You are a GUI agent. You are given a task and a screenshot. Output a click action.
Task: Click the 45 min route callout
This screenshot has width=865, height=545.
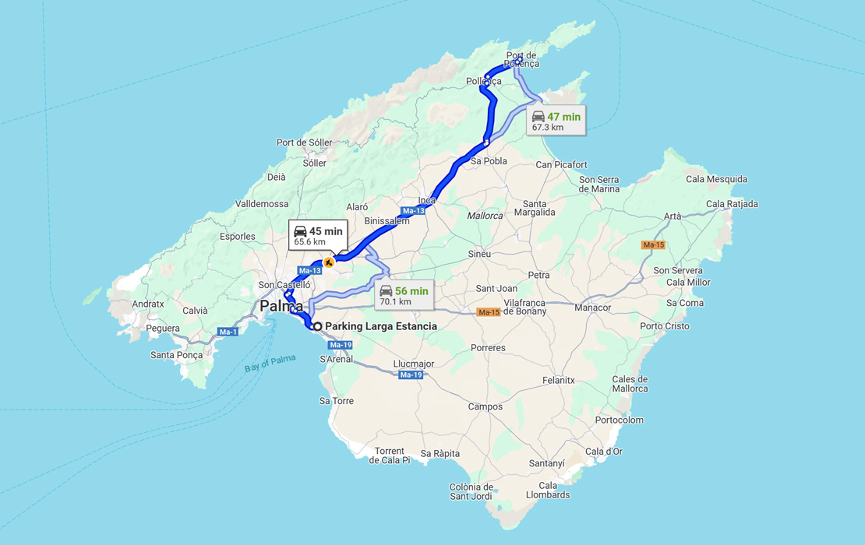pyautogui.click(x=318, y=235)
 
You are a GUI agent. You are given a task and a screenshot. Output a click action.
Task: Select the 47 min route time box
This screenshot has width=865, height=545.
pyautogui.click(x=556, y=121)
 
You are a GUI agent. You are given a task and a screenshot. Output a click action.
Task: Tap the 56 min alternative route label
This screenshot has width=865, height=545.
pyautogui.click(x=403, y=295)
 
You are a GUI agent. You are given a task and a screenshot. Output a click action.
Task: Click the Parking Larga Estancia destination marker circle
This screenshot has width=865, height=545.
pyautogui.click(x=318, y=326)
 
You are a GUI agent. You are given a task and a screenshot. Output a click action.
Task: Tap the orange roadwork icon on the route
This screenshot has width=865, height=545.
pyautogui.click(x=330, y=262)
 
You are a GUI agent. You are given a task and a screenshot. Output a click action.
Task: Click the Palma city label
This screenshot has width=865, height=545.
pyautogui.click(x=281, y=306)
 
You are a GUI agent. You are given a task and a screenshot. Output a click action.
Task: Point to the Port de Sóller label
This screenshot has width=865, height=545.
pyautogui.click(x=304, y=142)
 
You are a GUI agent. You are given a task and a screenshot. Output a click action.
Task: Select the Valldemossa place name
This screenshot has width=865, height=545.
pyautogui.click(x=262, y=204)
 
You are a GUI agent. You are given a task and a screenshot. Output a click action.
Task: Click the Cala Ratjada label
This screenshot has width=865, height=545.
pyautogui.click(x=732, y=204)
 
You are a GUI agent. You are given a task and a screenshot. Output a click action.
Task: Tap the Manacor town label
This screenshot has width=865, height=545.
pyautogui.click(x=593, y=308)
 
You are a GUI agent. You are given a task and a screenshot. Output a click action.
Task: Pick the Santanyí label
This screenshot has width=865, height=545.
pyautogui.click(x=546, y=463)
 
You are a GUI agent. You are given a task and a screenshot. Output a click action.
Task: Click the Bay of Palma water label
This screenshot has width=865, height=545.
pyautogui.click(x=270, y=363)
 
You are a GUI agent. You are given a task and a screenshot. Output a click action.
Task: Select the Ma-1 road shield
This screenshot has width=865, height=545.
pyautogui.click(x=228, y=332)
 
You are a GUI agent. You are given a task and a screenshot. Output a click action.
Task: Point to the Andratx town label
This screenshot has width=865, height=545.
pyautogui.click(x=148, y=304)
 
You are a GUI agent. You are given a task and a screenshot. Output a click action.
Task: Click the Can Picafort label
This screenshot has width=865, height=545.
pyautogui.click(x=561, y=165)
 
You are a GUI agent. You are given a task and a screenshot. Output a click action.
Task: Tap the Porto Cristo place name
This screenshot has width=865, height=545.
pyautogui.click(x=664, y=326)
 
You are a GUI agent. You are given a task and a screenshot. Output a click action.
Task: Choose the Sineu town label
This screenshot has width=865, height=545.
pyautogui.click(x=479, y=254)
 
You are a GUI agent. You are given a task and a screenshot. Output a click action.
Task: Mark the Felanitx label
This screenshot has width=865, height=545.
pyautogui.click(x=558, y=381)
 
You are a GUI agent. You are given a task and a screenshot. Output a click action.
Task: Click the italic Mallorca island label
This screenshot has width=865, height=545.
pyautogui.click(x=485, y=216)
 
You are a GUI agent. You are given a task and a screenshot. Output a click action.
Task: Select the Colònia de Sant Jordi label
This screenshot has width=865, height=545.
pyautogui.click(x=471, y=491)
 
